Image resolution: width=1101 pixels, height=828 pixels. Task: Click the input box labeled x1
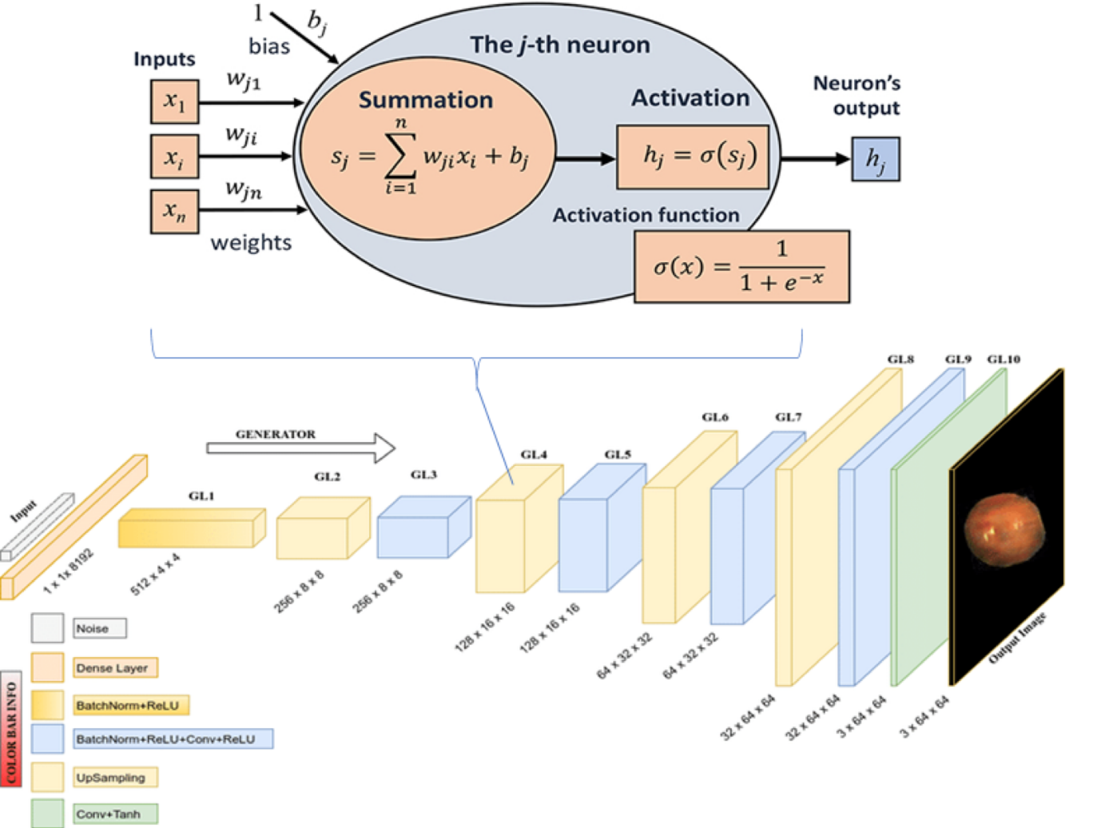tap(174, 102)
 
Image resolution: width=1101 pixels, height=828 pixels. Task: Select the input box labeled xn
tap(174, 211)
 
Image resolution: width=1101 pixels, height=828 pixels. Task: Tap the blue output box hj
tap(875, 159)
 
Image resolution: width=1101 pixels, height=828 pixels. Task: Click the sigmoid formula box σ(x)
tap(741, 267)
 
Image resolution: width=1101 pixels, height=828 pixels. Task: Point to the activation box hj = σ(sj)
tap(692, 157)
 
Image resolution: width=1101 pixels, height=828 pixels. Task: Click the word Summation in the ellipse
tap(425, 100)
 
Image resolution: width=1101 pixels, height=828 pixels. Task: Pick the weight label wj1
tap(243, 80)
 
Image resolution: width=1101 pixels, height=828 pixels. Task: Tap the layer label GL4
tap(534, 455)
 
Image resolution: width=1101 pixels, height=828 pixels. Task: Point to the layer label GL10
tap(1004, 360)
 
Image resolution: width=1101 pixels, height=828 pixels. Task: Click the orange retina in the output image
tap(1004, 527)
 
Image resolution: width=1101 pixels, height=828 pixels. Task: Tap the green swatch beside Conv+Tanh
tap(48, 814)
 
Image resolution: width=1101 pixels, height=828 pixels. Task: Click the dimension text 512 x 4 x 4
tap(155, 575)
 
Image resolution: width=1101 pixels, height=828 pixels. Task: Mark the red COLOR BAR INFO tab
tap(11, 727)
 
